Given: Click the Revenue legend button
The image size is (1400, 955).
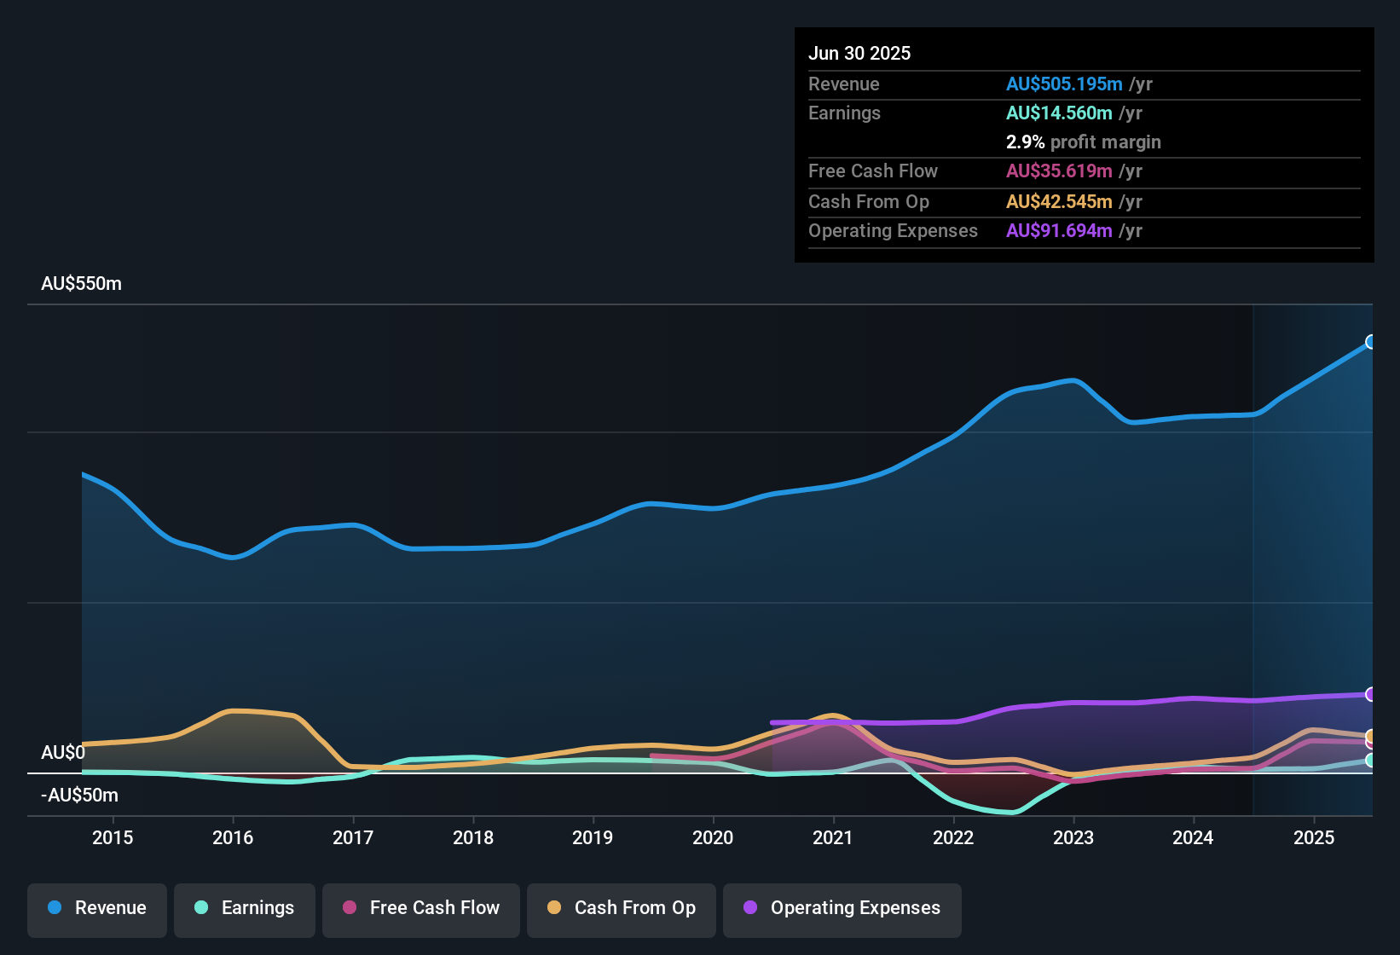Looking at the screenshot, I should [97, 909].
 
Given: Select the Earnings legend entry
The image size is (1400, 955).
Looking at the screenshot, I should [245, 909].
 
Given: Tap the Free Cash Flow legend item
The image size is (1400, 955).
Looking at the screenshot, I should [421, 909].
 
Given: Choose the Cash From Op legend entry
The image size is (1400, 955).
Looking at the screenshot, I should [622, 909].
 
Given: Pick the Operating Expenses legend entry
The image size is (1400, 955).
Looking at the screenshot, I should [842, 909].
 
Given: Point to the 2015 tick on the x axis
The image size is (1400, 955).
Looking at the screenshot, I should [113, 838].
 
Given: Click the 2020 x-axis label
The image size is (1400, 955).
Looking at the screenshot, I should [713, 838].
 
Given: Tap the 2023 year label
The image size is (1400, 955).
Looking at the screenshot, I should [1073, 838].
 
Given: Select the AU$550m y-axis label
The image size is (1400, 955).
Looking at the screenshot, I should [81, 284].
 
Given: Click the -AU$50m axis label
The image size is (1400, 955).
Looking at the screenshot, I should [79, 796].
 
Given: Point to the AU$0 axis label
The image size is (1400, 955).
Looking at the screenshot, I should [63, 753].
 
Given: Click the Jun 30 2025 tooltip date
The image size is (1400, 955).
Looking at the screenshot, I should [859, 54].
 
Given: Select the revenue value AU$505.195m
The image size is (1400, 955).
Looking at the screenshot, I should [1063, 84].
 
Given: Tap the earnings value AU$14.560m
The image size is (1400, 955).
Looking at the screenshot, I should [1058, 113].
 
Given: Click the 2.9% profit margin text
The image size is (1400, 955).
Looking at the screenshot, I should [1083, 142].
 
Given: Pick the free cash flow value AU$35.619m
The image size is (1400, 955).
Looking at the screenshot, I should [1058, 171].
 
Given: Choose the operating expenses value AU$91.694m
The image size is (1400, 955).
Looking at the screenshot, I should [1058, 231].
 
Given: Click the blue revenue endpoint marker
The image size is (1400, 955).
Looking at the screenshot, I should [1370, 342].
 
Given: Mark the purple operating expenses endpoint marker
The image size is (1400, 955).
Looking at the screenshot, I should [1370, 695].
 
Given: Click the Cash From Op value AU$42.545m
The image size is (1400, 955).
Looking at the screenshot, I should [1058, 202].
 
